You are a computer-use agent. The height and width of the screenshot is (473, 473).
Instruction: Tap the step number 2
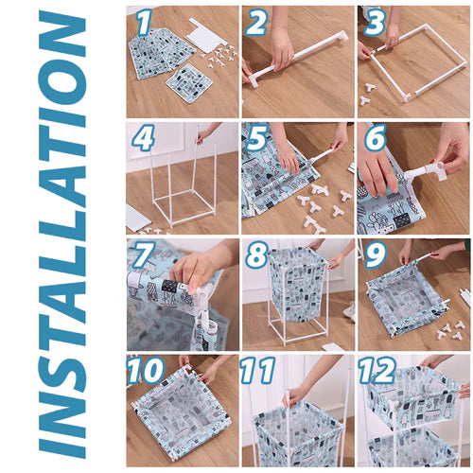point(256,22)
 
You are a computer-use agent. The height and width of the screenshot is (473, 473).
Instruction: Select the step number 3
point(375,22)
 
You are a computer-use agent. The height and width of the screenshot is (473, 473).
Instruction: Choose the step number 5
point(257,137)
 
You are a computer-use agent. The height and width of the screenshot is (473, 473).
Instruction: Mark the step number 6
point(376,137)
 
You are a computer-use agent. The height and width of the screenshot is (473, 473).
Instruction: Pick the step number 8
point(256,254)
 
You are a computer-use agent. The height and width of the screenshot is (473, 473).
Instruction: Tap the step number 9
point(376,254)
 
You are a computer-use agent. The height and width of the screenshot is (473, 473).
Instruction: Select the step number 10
point(146,370)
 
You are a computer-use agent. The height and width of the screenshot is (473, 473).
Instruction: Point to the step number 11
point(257,370)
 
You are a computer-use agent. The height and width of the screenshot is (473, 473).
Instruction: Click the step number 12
point(377,370)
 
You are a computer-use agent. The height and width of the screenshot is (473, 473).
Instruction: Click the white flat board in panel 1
point(207,36)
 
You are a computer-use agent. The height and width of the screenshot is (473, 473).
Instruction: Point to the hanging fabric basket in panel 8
point(298,281)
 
